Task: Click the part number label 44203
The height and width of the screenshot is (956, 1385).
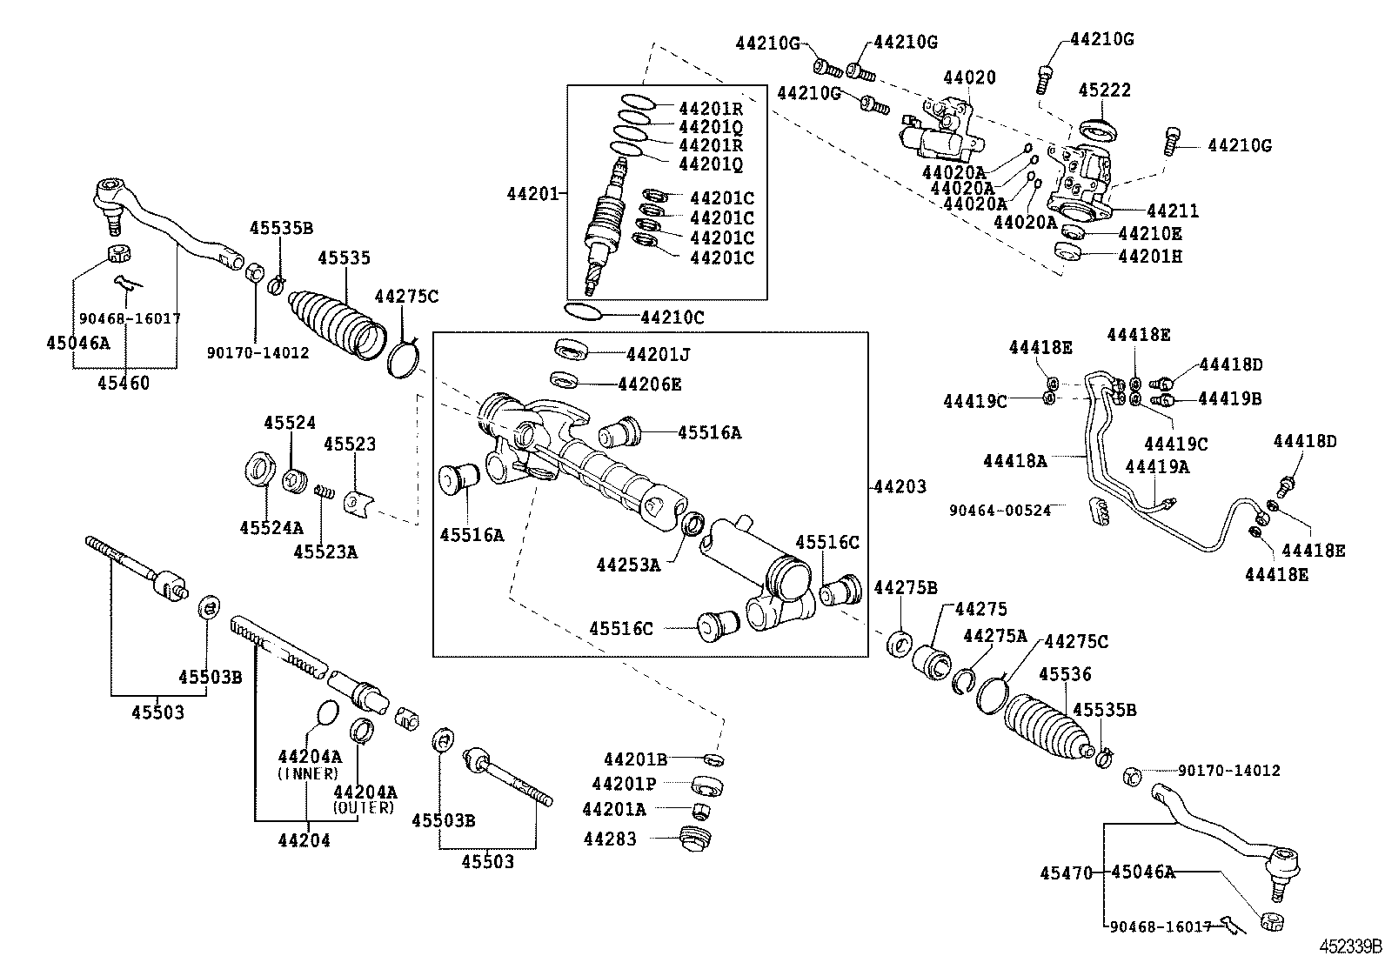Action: click(x=900, y=487)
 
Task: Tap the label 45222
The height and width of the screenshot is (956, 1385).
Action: click(x=1104, y=90)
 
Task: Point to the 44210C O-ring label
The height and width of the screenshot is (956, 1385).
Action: click(x=672, y=318)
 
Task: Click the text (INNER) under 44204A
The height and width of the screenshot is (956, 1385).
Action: click(x=307, y=773)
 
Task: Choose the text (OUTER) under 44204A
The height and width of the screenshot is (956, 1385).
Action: click(x=364, y=808)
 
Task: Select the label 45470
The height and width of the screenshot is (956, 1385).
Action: click(x=1066, y=872)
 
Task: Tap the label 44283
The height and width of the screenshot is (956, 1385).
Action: click(x=610, y=839)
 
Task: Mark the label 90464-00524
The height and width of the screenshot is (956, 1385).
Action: click(x=999, y=510)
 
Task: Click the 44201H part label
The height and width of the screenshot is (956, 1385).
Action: click(x=1149, y=257)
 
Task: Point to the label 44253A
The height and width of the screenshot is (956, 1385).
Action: click(x=628, y=565)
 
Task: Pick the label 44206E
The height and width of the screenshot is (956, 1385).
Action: click(x=649, y=384)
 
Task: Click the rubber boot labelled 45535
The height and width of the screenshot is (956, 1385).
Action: click(x=335, y=322)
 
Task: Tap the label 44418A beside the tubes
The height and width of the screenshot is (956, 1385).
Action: click(x=1014, y=461)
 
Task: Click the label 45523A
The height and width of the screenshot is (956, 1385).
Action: click(x=325, y=552)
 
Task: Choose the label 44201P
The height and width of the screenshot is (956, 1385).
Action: click(x=624, y=785)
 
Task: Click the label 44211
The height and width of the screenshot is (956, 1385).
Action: click(x=1172, y=211)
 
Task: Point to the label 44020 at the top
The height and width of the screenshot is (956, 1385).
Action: click(x=969, y=77)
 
